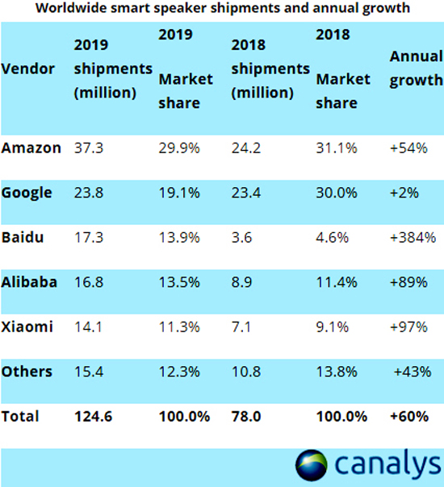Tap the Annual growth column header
pos(416,69)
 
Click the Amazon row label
pos(31,148)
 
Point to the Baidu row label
pos(23,237)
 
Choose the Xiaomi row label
pos(27,327)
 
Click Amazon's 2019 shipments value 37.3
pos(89,148)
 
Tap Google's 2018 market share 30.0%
pos(334,193)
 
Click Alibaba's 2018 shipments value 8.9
pos(241,282)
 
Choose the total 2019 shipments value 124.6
pos(92,416)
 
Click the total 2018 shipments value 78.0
pos(245,416)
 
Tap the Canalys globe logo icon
pos(312,465)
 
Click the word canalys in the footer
pos(386,465)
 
